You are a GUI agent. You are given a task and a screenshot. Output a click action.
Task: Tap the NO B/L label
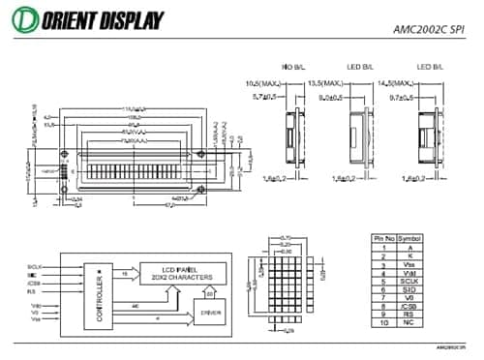(292, 66)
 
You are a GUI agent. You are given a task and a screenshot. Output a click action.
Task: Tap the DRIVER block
(209, 313)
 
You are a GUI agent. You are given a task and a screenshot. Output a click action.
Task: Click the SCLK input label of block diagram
(35, 265)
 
